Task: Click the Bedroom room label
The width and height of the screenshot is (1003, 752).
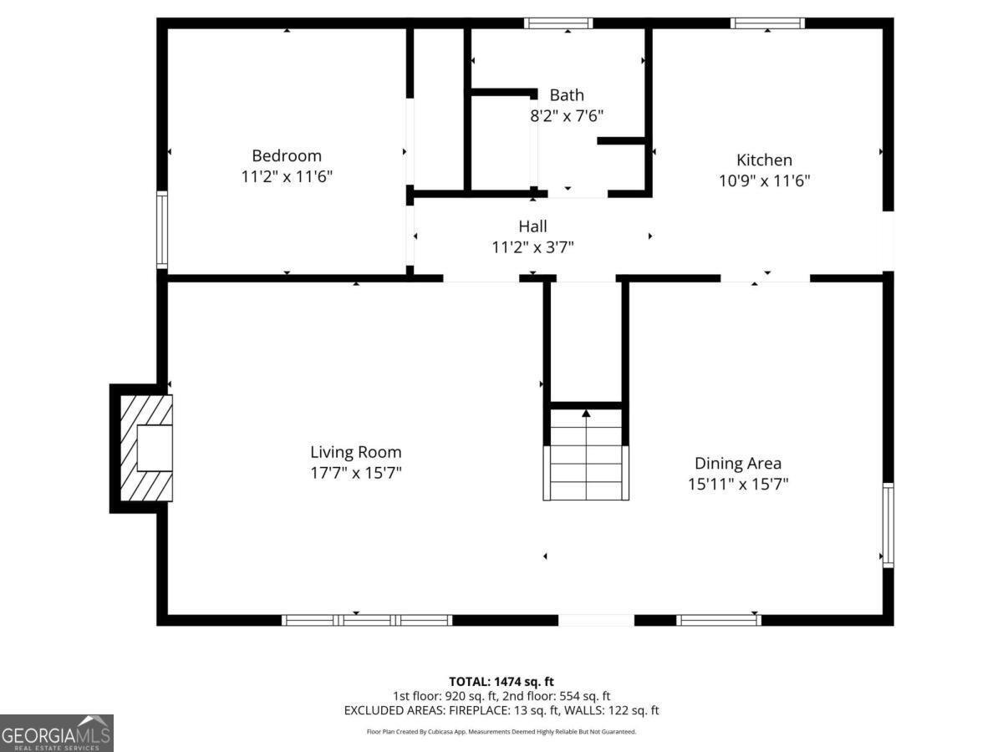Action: coord(287,155)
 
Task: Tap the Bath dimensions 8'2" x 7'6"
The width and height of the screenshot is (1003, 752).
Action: coord(567,116)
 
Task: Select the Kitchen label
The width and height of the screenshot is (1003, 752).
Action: coord(764,160)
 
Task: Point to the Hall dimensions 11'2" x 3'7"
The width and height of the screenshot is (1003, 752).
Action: coord(532,246)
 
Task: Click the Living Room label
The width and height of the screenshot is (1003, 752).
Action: coord(355,452)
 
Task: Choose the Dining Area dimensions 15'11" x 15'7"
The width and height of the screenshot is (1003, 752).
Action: coord(738,483)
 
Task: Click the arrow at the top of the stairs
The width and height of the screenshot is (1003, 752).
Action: coord(586,412)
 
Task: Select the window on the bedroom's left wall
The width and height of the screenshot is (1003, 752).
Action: coord(162,230)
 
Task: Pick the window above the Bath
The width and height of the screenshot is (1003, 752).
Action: coord(558,23)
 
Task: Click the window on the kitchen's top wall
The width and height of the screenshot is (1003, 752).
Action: coord(767,23)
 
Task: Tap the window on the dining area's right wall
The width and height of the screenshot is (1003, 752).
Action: coord(888,526)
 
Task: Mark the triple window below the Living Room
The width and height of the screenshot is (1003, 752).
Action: coord(367,620)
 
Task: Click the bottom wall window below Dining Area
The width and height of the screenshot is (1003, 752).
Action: coord(719,620)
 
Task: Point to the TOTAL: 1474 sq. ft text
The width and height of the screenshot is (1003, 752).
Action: coord(501,681)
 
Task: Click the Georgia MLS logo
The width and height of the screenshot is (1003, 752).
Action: coord(56,733)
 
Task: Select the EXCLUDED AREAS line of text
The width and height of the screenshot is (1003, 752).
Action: coord(501,710)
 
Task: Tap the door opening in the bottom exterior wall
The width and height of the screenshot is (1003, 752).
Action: coord(596,620)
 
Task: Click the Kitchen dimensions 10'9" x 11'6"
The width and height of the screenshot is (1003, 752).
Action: coord(764,180)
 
